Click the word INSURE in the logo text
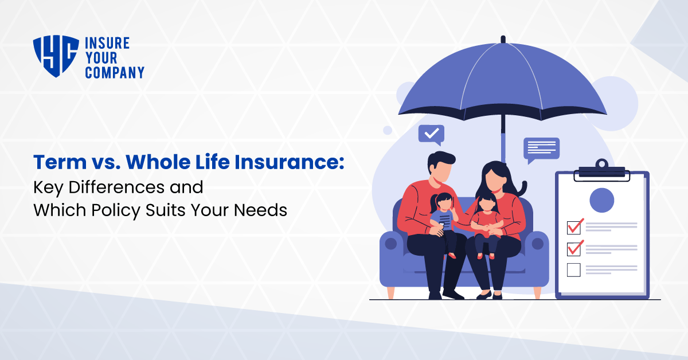[107, 44]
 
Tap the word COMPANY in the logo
[114, 72]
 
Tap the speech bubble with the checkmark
[431, 134]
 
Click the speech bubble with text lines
[541, 149]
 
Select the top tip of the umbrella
[503, 39]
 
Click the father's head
[440, 166]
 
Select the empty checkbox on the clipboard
[573, 269]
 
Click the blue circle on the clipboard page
[602, 200]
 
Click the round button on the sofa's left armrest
[391, 244]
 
